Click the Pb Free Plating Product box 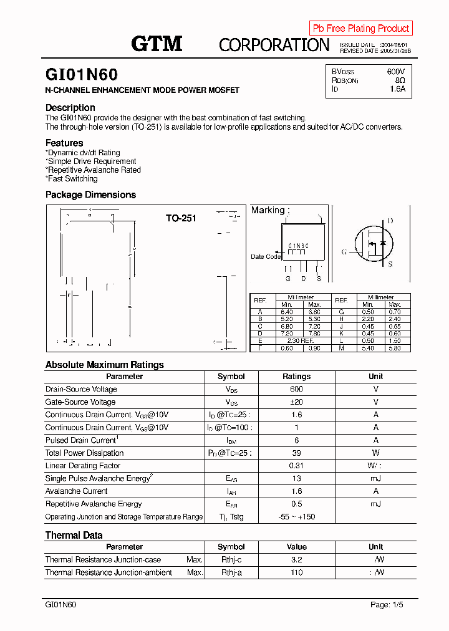coord(360,28)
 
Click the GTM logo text coord(157,43)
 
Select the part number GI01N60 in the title coord(81,75)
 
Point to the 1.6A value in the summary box coord(397,89)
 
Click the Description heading coord(70,107)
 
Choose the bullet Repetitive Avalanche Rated coord(94,170)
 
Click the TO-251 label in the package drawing coord(181,218)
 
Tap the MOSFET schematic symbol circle coord(375,243)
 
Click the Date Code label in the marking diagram coord(266,257)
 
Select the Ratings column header coord(296,377)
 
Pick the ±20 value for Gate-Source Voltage coord(296,402)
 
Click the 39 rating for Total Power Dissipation coord(296,453)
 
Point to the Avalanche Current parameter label coord(76,491)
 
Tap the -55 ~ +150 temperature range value coord(296,517)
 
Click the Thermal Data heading coord(74,535)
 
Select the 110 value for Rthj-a coord(296,572)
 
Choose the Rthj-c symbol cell coord(231,560)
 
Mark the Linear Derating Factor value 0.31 coord(296,466)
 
